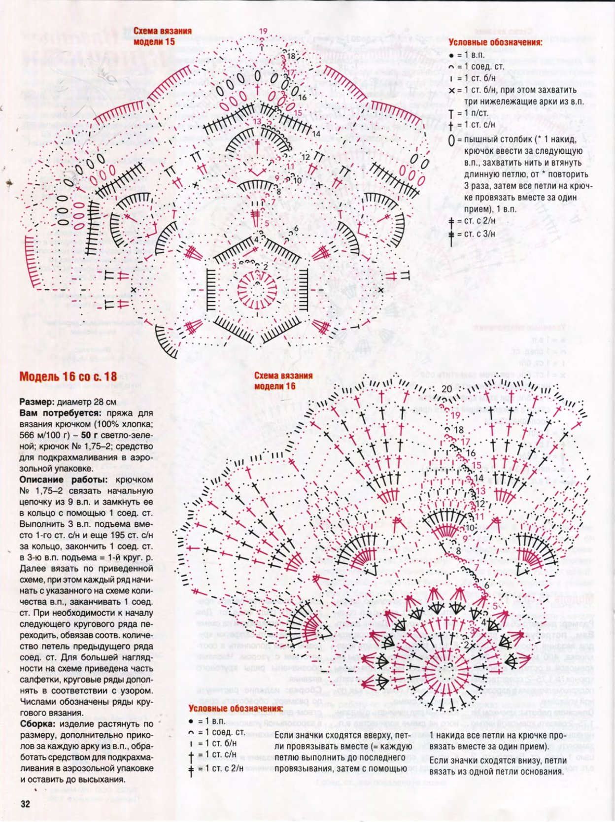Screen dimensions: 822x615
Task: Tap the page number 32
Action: (x=25, y=803)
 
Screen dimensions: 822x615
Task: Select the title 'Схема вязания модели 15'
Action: (x=163, y=36)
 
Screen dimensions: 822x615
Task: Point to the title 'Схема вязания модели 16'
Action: (x=283, y=380)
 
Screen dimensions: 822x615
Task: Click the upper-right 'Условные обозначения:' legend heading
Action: (x=495, y=42)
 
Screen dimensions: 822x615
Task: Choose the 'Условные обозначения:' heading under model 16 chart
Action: (x=236, y=709)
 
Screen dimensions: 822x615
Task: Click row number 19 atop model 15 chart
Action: (x=263, y=31)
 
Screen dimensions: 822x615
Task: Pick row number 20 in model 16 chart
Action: (x=446, y=389)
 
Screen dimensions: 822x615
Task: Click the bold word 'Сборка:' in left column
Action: (x=38, y=724)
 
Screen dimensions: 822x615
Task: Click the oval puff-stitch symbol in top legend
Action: (x=451, y=140)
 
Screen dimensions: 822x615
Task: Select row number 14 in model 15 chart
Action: (x=316, y=133)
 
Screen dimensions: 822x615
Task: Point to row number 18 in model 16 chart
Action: (x=458, y=430)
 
